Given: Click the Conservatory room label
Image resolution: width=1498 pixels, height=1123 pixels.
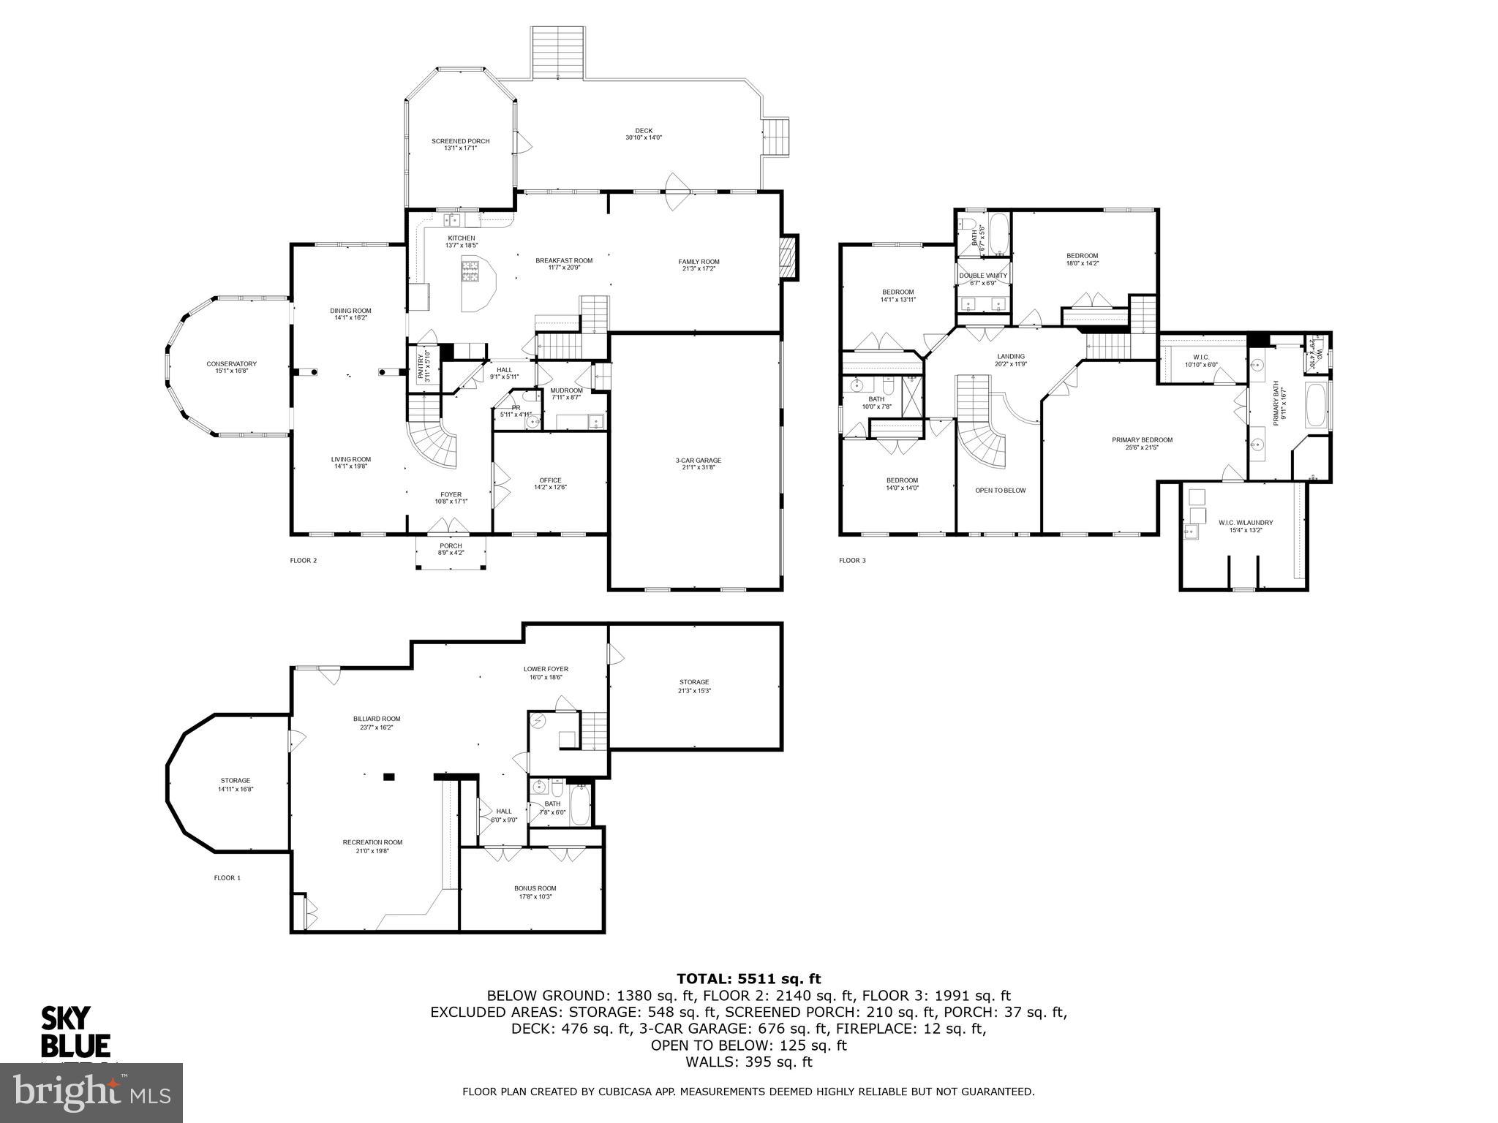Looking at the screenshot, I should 231,363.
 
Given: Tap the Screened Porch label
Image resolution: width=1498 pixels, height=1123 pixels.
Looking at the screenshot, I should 460,141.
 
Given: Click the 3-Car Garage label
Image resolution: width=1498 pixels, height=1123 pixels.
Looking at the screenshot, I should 698,460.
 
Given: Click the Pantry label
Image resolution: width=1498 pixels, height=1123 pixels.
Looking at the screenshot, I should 421,366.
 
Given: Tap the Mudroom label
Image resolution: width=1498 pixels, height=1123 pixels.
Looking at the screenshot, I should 566,390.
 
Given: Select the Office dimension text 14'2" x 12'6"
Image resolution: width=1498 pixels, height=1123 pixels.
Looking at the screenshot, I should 550,488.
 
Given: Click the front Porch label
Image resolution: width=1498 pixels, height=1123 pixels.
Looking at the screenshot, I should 451,545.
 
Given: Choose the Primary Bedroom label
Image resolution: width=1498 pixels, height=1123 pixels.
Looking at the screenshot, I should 1142,439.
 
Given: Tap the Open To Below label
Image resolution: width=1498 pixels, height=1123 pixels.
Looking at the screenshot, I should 1000,490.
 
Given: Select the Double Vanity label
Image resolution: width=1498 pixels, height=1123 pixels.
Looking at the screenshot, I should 983,276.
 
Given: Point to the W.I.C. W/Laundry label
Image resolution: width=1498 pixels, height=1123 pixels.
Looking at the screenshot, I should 1245,522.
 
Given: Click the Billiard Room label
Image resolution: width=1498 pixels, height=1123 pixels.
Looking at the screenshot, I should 377,719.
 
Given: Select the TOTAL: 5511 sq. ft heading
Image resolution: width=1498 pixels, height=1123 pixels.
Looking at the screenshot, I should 748,979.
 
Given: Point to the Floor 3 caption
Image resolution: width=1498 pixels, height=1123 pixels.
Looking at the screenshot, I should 852,561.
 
